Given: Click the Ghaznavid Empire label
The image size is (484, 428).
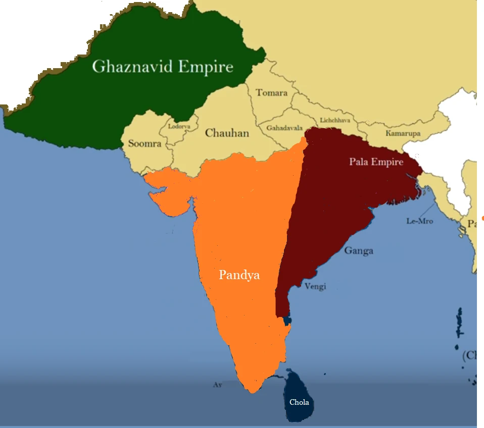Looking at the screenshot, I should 163,67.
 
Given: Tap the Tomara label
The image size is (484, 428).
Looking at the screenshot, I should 271,93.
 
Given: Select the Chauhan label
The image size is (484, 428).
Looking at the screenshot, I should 227,133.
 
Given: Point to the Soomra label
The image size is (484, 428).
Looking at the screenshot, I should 144,144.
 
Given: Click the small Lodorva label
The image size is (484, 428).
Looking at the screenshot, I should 179,126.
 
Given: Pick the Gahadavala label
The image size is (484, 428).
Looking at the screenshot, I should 284,128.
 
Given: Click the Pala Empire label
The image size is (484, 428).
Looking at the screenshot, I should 376,162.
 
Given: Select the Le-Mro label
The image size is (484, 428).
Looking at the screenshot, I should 419,221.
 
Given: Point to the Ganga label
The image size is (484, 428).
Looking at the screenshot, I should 359,251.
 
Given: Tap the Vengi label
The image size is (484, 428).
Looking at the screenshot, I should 315,286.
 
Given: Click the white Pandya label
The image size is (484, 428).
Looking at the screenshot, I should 239,275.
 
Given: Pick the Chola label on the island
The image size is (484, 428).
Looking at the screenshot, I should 299,402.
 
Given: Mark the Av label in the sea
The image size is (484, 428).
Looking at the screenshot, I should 218,385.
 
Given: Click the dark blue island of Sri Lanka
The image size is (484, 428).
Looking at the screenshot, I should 298,394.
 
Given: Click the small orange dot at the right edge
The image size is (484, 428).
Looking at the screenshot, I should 482,218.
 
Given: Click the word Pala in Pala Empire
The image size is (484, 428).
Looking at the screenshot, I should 359,162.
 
